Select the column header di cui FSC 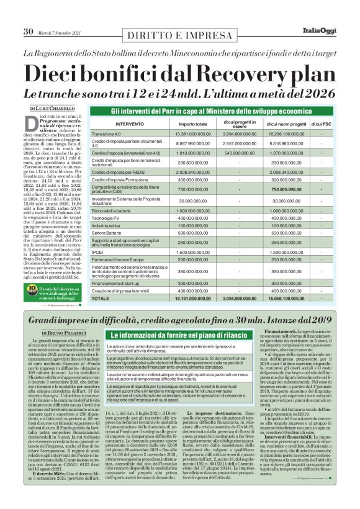coord(321,124)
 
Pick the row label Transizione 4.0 coord(106,134)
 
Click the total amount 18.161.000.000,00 coord(180,299)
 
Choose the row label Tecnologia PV coord(106,219)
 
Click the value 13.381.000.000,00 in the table coord(180,134)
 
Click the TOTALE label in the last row coord(102,299)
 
